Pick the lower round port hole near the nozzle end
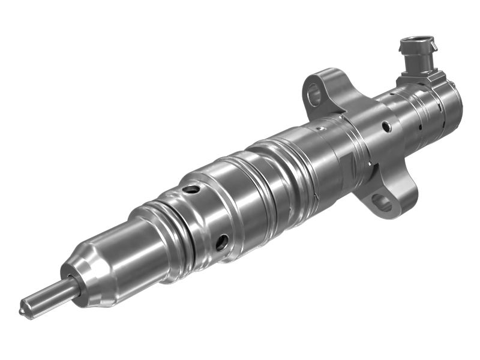tap(221, 242)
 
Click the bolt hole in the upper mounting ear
tap(314, 93)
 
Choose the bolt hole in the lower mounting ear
tap(382, 203)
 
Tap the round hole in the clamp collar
tap(387, 127)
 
